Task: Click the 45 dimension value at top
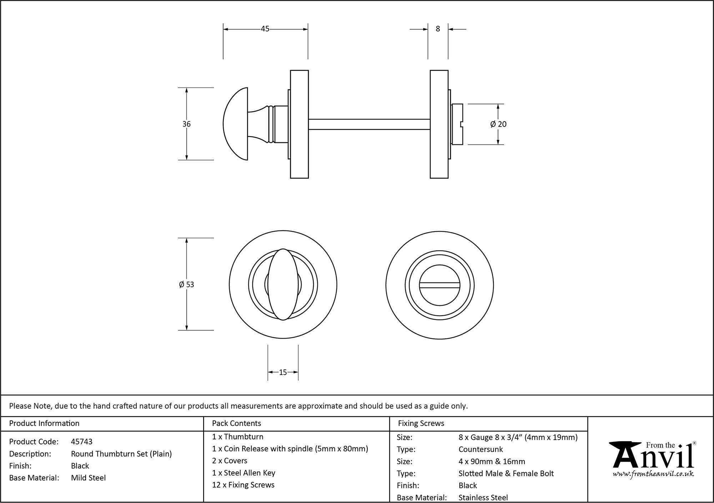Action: [265, 29]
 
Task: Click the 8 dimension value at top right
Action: [438, 29]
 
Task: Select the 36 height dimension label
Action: [186, 124]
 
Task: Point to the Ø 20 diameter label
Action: [498, 124]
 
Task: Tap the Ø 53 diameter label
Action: [186, 285]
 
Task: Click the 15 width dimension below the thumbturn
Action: [283, 373]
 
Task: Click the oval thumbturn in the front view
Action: [283, 284]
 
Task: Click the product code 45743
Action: [82, 442]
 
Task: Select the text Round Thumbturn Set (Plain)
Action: [121, 454]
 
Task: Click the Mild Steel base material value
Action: [88, 478]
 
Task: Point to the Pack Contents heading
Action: [236, 423]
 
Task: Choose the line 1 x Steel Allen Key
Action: [243, 473]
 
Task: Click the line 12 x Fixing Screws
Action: [243, 485]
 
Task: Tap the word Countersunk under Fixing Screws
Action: [481, 449]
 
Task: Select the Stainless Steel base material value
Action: [483, 497]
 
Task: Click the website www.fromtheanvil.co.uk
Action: [653, 474]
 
